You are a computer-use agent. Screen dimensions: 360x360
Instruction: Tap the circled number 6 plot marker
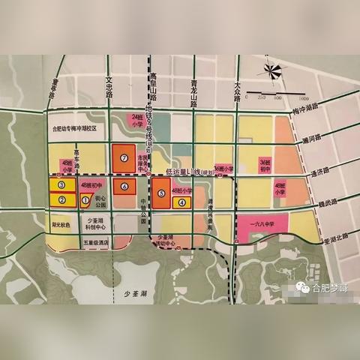tap(124, 184)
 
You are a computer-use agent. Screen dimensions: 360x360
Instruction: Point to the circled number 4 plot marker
tap(181, 202)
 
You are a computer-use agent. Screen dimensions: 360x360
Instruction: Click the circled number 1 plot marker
tap(85, 199)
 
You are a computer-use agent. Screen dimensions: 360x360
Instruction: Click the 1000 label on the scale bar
tap(304, 97)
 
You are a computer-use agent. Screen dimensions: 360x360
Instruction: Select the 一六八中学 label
tap(260, 223)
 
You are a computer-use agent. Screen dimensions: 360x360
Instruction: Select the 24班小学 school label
tap(137, 121)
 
